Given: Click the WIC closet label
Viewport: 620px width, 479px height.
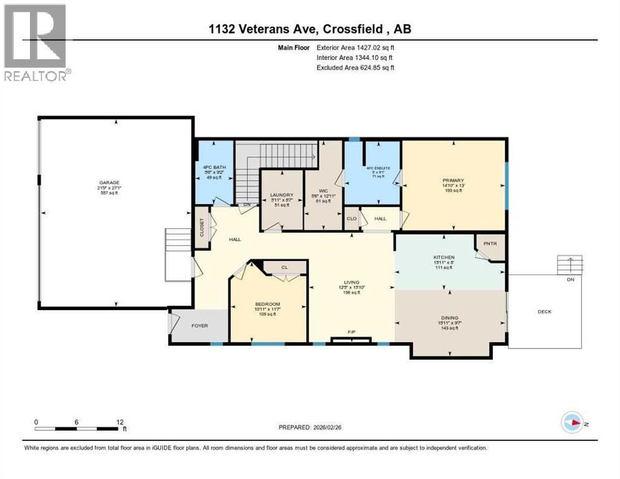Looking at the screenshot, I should coord(323,191).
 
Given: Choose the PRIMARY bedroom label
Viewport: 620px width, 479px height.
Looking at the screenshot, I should coord(453,181).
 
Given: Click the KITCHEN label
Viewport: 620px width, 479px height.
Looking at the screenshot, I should coord(444,257).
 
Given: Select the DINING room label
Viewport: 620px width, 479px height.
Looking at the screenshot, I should coord(449,318).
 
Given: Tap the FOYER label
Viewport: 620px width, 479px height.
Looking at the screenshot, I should coord(200,326).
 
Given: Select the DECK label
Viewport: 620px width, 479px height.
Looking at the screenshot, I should coord(545,312).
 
